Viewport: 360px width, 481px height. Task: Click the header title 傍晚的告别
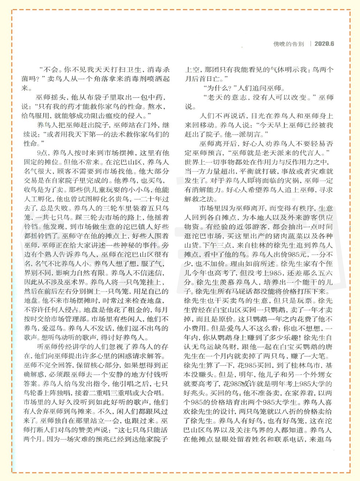coord(288,44)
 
